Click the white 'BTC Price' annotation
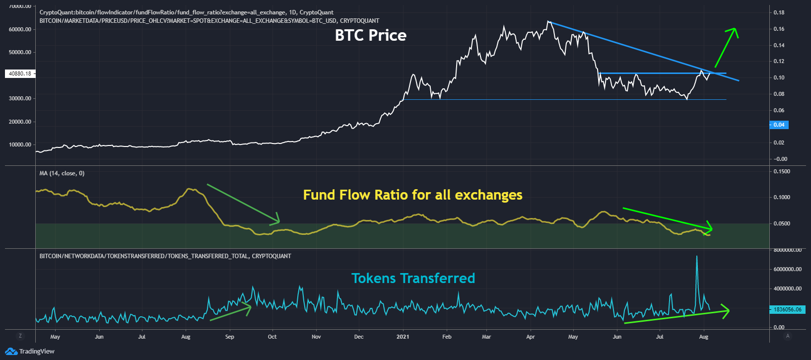[370, 35]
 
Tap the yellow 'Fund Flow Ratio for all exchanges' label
[412, 195]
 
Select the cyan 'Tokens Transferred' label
[413, 278]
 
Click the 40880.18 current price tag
[20, 73]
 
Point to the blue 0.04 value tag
[779, 125]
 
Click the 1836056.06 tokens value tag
[787, 309]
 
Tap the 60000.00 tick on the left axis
[20, 29]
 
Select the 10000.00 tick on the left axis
[20, 144]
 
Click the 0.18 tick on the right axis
[779, 12]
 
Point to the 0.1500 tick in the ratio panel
[782, 171]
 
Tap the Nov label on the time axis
[316, 337]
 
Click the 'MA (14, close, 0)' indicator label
[62, 173]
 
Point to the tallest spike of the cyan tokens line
[697, 256]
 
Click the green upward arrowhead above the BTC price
[734, 30]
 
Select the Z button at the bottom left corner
[20, 336]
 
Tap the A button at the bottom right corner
[788, 336]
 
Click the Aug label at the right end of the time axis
[703, 337]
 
